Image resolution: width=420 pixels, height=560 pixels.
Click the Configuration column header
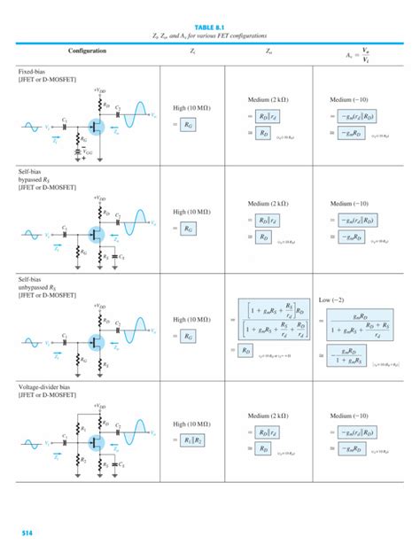87,51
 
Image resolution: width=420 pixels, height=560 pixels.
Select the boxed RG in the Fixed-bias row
188,126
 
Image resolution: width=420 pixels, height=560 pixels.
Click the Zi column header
192,51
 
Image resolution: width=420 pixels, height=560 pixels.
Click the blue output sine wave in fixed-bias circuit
137,113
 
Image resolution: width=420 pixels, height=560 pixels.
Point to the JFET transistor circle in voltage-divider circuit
95,440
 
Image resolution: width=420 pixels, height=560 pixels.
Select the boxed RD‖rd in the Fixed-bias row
263,116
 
